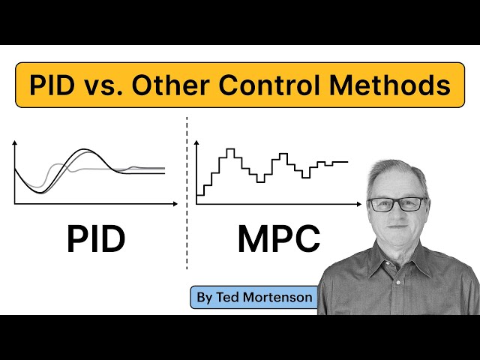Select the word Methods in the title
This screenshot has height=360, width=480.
(x=400, y=85)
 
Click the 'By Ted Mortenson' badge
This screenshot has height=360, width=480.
(x=254, y=298)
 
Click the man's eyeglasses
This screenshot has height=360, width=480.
(x=397, y=203)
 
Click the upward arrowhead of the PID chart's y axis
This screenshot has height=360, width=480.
(x=15, y=142)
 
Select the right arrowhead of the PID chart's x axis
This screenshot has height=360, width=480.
(x=176, y=204)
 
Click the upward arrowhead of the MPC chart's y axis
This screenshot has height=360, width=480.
(x=196, y=142)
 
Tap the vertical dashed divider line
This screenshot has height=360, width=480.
(x=187, y=195)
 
